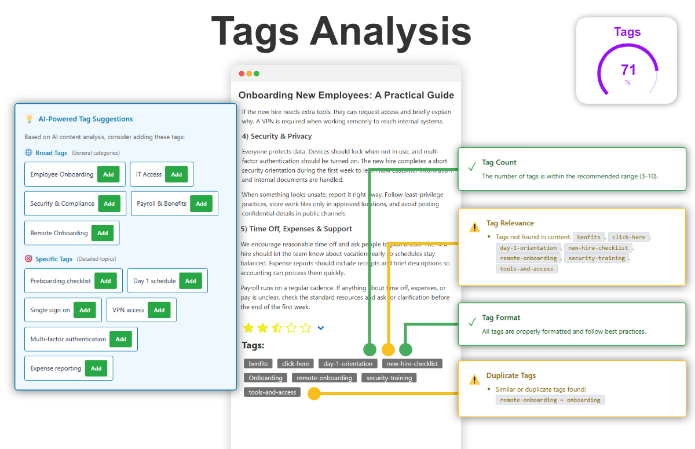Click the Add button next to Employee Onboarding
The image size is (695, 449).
[x=108, y=174]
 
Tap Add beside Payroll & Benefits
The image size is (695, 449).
[x=201, y=204]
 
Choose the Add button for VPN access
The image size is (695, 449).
[x=159, y=311]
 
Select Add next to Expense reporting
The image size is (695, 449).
[x=96, y=368]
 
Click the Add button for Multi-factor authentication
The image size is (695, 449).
[x=120, y=340]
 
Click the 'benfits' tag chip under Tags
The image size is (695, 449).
[x=258, y=364]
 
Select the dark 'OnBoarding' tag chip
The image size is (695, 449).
[x=265, y=378]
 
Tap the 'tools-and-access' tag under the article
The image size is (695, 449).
[x=272, y=392]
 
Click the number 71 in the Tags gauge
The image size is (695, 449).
[x=628, y=70]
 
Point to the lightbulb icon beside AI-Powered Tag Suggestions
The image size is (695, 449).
[x=30, y=119]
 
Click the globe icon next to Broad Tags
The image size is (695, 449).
[x=28, y=153]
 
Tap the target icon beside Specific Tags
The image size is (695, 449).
[x=28, y=259]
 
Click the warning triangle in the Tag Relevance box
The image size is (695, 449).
[x=474, y=227]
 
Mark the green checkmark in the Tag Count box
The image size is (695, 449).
[x=472, y=167]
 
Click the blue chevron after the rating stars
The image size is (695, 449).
[x=321, y=328]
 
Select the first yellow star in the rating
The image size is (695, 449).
[x=248, y=328]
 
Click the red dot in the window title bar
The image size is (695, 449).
[x=242, y=74]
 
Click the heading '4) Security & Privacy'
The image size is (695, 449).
[x=276, y=137]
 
